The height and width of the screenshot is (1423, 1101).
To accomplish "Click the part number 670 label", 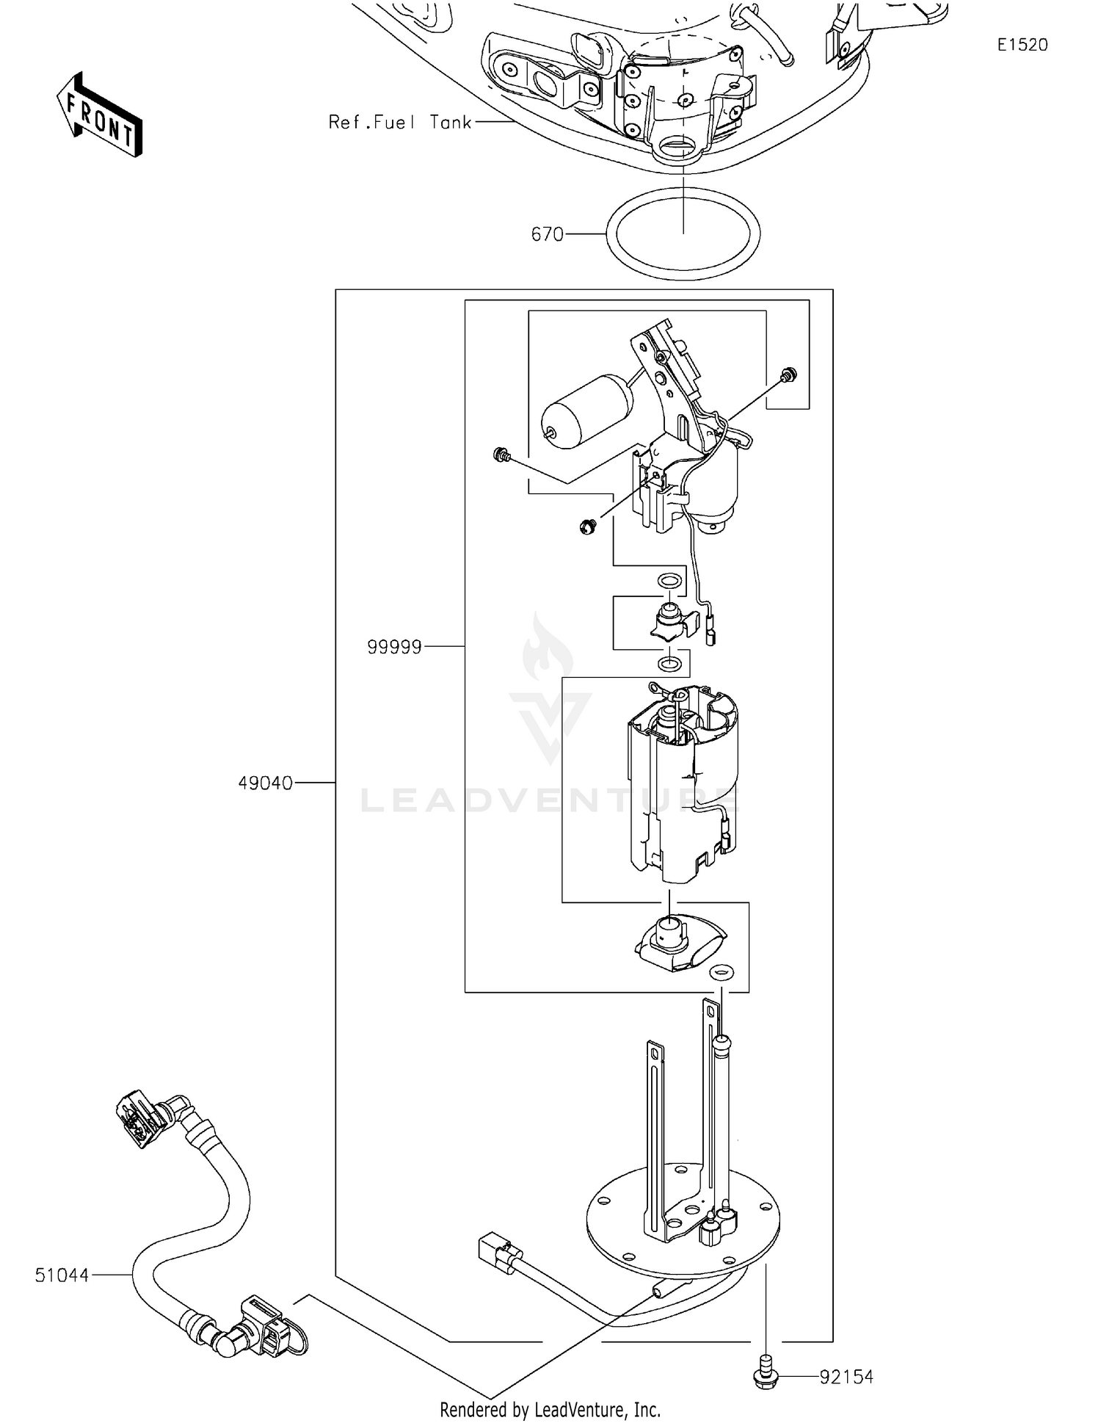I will click(x=547, y=235).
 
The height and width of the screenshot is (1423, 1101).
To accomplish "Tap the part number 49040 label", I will click(x=265, y=783).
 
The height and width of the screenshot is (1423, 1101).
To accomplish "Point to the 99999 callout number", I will click(x=394, y=647).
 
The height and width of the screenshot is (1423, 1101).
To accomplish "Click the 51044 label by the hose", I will click(x=62, y=1275).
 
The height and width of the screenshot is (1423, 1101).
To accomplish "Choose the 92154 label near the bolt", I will click(x=846, y=1377).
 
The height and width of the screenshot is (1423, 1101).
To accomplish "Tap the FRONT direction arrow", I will click(x=99, y=115).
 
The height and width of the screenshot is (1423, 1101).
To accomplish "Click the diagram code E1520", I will click(x=1022, y=45).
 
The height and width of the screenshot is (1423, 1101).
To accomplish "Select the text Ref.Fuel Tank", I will click(x=399, y=123).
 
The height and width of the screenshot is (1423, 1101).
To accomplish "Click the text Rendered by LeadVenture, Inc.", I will click(x=550, y=1409).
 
